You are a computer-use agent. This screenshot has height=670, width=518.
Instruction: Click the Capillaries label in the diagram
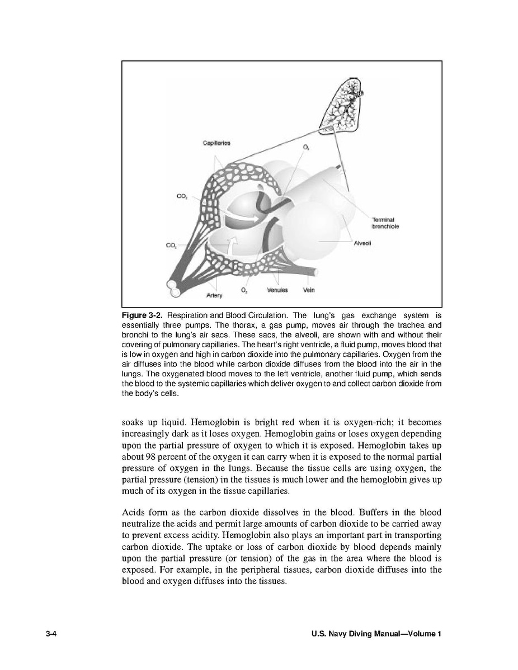coord(216,143)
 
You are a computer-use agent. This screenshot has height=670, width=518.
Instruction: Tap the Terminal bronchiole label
coord(385,223)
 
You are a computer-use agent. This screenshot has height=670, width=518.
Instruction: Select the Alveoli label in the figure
coord(363,243)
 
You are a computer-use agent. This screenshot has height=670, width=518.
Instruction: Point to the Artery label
coord(214,295)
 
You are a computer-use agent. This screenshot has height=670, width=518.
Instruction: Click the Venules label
coord(277,290)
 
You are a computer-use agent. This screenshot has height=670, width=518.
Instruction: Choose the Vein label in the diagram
coord(309,290)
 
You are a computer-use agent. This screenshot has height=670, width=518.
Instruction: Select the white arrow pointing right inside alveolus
coord(249,216)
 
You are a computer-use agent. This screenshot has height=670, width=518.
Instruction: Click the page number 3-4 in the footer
coord(53,634)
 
